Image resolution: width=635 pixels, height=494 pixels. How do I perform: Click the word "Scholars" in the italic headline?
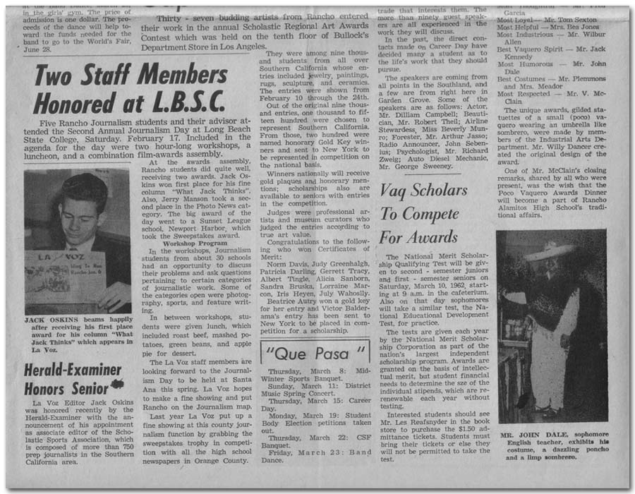[x=435, y=191]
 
